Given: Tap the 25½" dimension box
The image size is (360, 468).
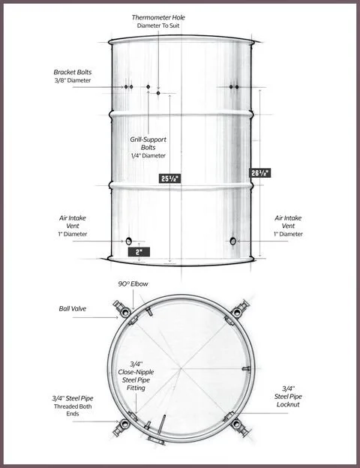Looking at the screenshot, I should pos(170,178).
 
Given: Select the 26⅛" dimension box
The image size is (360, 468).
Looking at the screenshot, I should pos(259,172).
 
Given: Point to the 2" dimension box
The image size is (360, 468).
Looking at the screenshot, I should pos(139,252).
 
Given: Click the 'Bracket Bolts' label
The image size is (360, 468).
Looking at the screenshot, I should pos(72,72).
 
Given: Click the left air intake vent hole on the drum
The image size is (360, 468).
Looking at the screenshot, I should pos(128,241).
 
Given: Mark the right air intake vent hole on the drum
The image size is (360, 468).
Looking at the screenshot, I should pos(232,241).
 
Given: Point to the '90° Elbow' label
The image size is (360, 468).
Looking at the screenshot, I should pos(130,285).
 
